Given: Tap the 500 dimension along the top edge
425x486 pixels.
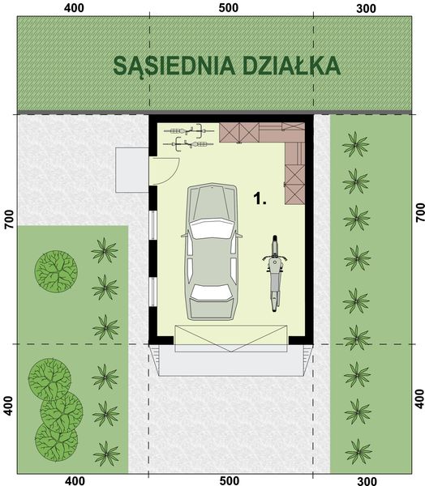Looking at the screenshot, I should (229, 8).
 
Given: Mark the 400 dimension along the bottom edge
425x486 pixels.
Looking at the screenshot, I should (75, 480).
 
